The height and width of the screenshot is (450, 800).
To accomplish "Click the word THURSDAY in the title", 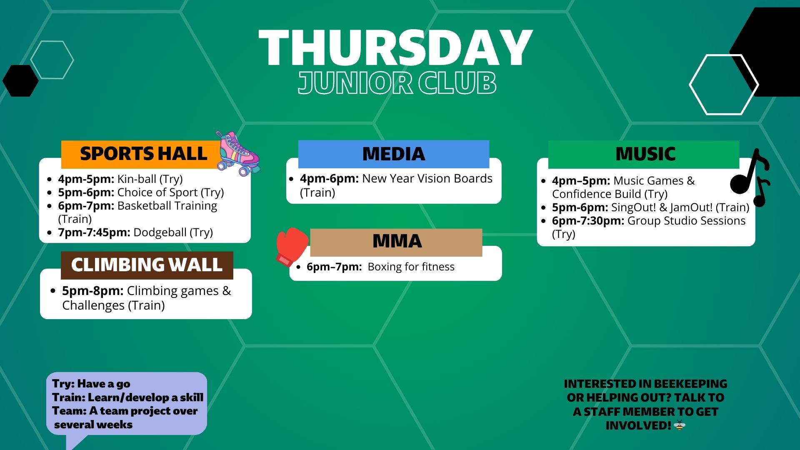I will point(395,49).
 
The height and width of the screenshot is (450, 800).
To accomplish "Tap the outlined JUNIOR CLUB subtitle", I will point(397,82).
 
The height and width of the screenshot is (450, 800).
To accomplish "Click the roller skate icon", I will point(237,153).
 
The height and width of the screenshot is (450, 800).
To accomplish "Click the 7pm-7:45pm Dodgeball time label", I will point(94,232).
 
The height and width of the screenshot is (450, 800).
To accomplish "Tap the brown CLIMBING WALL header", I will point(147,265).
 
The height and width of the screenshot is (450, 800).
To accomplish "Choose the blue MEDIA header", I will point(393,154).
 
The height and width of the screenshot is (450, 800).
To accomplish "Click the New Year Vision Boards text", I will point(427,179).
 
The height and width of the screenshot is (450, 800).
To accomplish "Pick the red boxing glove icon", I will point(291,246).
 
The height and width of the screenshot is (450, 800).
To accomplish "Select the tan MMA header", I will point(396,242).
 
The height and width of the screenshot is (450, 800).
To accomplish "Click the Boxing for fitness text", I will point(411,267).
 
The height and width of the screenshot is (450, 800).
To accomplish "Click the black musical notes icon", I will point(751,177).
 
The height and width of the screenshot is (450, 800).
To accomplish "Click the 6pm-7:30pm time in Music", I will point(588,221).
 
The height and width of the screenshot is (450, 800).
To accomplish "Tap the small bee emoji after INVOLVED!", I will point(679,425).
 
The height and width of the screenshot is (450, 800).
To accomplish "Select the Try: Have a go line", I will point(91,384).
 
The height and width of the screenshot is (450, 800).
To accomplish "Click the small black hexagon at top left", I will point(20,81).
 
